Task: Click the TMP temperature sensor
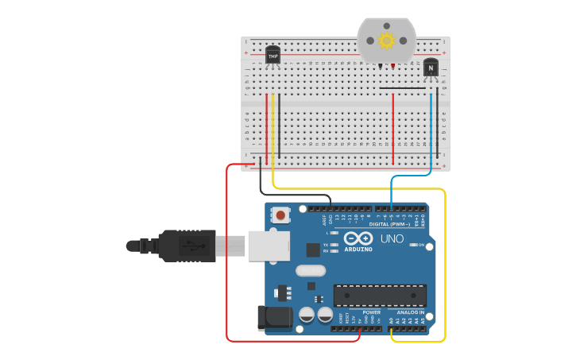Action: [x=273, y=56]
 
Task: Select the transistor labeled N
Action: [x=431, y=68]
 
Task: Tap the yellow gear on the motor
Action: [x=387, y=41]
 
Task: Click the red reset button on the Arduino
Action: [x=281, y=215]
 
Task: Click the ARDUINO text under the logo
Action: [x=358, y=249]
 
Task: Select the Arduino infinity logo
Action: [x=358, y=238]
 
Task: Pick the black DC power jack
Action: [x=275, y=318]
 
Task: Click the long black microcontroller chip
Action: [x=380, y=295]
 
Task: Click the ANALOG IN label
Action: [x=410, y=312]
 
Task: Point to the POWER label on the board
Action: [x=371, y=312]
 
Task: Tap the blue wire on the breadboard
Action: [x=431, y=127]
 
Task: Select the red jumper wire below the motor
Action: [x=393, y=127]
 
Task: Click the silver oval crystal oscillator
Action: [x=311, y=270]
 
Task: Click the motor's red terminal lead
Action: [x=392, y=65]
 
